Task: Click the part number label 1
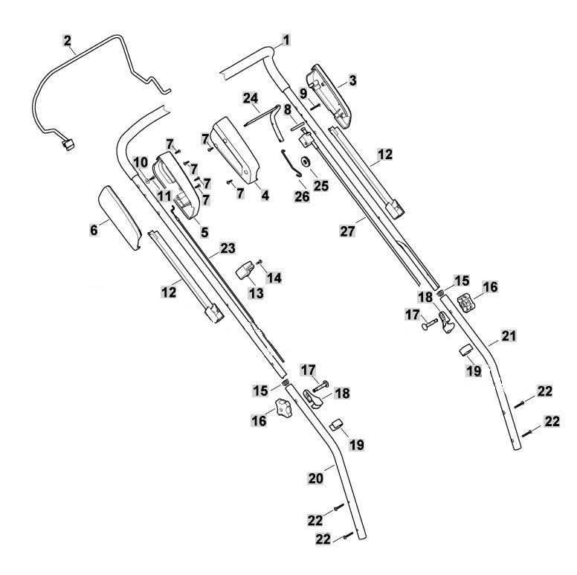(286, 39)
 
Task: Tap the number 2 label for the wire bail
(67, 40)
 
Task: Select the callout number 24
(251, 98)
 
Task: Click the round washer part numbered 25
(305, 161)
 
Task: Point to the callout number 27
(347, 231)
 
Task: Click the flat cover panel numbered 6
(120, 217)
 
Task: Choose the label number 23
(228, 248)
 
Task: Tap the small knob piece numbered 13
(245, 270)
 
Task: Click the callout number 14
(274, 278)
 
